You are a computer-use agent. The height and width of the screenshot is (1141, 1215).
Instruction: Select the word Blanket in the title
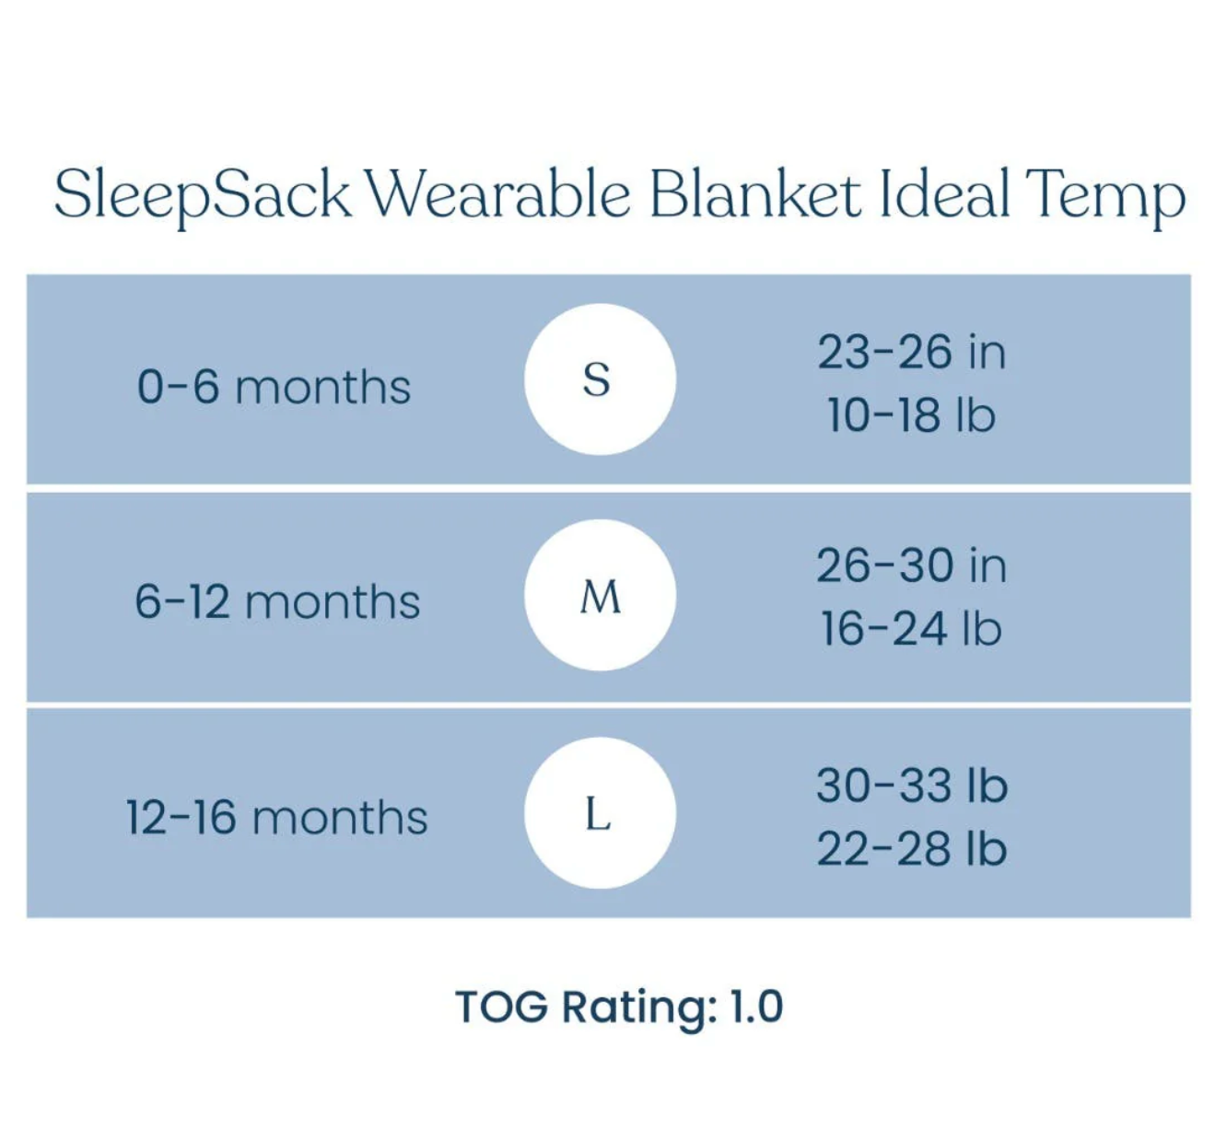pyautogui.click(x=755, y=193)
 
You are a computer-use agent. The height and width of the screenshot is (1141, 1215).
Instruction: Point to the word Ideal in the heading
pyautogui.click(x=945, y=193)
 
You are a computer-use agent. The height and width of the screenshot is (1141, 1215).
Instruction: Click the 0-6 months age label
pyautogui.click(x=274, y=387)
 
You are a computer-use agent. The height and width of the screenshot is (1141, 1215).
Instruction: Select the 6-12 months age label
pyautogui.click(x=277, y=602)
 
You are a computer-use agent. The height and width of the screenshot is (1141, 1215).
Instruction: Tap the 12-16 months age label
pyautogui.click(x=276, y=818)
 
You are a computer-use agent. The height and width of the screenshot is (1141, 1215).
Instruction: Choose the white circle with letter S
pyautogui.click(x=601, y=379)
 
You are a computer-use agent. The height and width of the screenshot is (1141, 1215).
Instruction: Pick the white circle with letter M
pyautogui.click(x=601, y=595)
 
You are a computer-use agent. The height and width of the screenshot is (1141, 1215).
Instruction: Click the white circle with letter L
pyautogui.click(x=601, y=812)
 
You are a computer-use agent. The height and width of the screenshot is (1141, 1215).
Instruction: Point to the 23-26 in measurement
pyautogui.click(x=912, y=352)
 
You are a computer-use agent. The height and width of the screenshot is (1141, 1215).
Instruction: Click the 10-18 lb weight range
pyautogui.click(x=912, y=414)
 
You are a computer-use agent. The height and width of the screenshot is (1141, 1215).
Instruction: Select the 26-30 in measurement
pyautogui.click(x=912, y=565)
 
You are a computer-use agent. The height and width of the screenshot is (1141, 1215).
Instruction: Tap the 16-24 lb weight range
pyautogui.click(x=912, y=628)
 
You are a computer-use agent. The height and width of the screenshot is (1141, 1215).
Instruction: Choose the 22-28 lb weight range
pyautogui.click(x=912, y=848)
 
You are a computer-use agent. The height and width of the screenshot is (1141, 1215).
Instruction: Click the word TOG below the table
pyautogui.click(x=502, y=1007)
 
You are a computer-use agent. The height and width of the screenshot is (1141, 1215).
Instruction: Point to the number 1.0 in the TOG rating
pyautogui.click(x=756, y=1007)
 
